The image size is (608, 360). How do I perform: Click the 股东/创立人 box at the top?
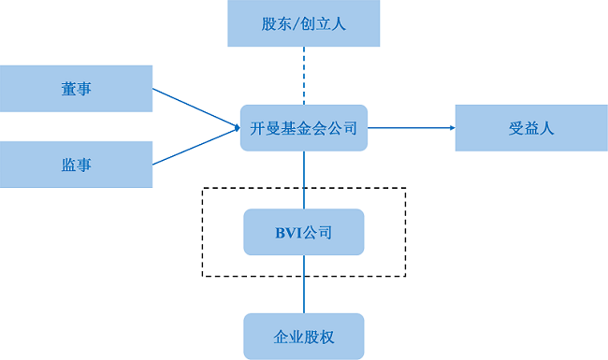coord(304,23)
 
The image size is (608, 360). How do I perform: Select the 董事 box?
coord(76,88)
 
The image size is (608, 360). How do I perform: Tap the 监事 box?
coord(76,164)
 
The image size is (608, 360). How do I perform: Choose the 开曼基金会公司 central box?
coord(304,128)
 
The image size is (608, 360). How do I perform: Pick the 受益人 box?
coord(530,128)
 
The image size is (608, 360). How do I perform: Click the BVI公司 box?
coord(304,232)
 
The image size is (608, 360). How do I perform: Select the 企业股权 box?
coord(304,336)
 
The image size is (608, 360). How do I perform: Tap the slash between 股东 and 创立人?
coord(297,23)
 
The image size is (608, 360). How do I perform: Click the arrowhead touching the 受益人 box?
coord(451,128)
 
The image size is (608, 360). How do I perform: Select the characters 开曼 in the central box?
coord(265,128)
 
